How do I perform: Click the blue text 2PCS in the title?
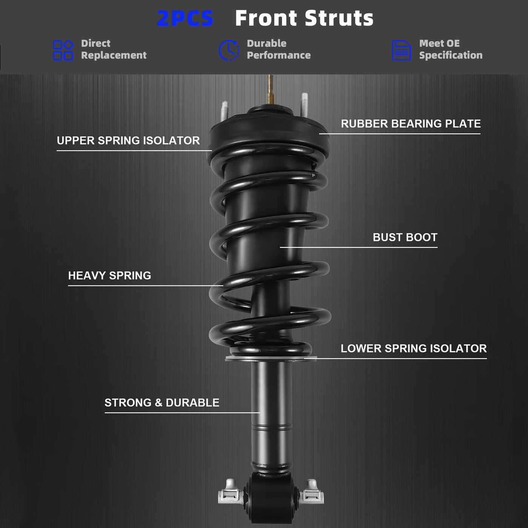pos(185,18)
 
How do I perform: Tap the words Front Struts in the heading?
pos(304,18)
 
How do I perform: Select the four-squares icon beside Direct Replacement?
pos(63,50)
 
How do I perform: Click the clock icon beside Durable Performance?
pos(229,50)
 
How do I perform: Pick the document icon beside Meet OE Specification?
pos(401,50)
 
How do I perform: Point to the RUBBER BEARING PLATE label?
pos(410,124)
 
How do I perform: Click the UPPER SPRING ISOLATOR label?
pos(128,141)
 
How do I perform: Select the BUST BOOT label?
pos(405,237)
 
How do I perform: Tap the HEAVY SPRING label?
pos(109,275)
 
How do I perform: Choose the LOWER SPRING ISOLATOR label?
pos(413,348)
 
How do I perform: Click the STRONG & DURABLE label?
pos(162,402)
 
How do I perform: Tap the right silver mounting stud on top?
pos(304,104)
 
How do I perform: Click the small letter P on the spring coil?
pos(313,175)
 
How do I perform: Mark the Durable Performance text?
pos(279,49)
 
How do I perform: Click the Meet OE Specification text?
pos(451,49)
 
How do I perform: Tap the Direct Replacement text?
pos(114,49)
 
